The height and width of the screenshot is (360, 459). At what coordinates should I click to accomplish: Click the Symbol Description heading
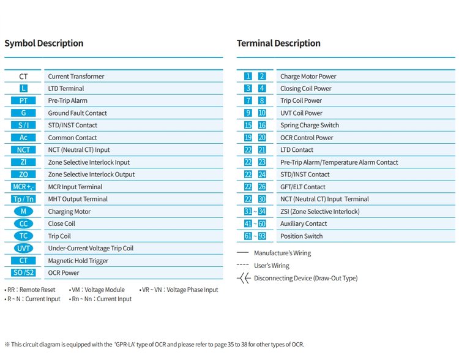[44, 43]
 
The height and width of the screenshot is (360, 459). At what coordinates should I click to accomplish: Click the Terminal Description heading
[278, 43]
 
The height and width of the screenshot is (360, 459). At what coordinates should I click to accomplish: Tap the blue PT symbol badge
[23, 101]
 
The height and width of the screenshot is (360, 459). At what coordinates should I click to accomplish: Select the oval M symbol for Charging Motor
[23, 211]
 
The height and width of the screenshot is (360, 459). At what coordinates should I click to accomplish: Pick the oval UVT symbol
[23, 249]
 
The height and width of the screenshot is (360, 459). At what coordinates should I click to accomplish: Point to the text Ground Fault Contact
[77, 113]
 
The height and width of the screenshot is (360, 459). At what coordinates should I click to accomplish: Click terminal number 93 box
[262, 236]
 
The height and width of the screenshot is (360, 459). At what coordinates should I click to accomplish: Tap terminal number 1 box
[248, 77]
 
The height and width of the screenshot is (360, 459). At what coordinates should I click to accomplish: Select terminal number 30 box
[262, 199]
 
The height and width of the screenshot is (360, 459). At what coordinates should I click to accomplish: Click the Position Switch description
[302, 236]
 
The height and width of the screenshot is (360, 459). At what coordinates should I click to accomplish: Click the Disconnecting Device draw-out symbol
[244, 279]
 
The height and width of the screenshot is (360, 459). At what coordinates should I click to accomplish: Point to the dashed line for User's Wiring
[243, 265]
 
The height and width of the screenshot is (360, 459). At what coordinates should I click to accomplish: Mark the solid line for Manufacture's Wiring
[243, 252]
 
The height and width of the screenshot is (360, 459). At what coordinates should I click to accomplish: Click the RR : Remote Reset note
[30, 290]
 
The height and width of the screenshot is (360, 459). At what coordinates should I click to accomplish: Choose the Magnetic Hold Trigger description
[78, 261]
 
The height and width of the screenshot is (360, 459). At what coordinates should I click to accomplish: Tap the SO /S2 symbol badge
[23, 272]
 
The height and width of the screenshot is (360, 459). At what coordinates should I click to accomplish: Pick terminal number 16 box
[262, 126]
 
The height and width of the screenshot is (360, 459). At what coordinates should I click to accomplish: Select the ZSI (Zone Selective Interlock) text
[320, 211]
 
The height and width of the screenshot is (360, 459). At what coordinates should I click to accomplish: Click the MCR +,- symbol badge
[23, 187]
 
